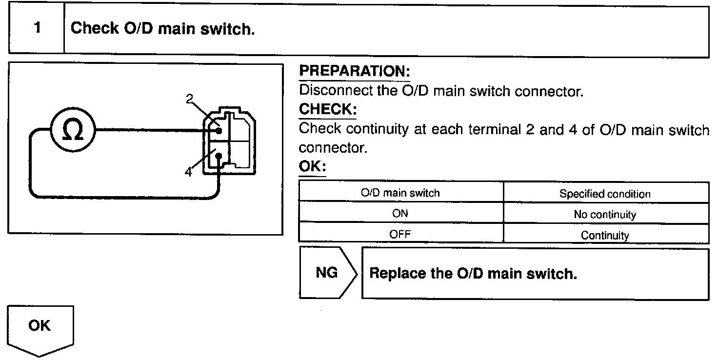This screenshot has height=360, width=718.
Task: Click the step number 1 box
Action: click(37, 28)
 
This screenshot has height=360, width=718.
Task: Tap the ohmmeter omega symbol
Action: click(73, 130)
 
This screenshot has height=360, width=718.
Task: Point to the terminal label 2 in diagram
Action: click(189, 99)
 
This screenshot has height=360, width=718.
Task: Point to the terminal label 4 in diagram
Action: click(188, 172)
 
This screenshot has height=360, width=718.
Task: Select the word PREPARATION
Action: click(354, 72)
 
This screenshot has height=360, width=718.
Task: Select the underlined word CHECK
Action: click(327, 109)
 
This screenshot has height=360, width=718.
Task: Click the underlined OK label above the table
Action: click(312, 167)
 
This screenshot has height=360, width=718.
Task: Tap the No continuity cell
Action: click(605, 215)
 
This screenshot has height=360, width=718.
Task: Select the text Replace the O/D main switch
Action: click(473, 273)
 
